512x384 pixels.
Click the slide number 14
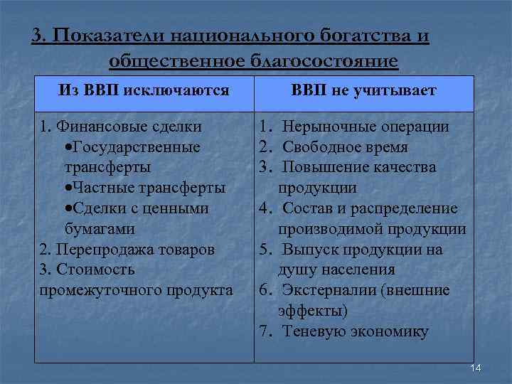476,367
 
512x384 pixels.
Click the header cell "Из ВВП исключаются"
144,91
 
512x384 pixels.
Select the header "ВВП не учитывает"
364,91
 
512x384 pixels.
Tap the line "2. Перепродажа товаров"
127,250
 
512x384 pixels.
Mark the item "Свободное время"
345,147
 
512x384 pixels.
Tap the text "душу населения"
336,270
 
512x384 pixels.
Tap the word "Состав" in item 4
307,208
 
